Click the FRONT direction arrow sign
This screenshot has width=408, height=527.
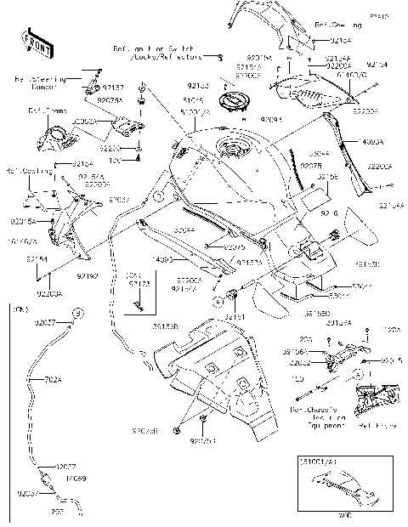[33, 41]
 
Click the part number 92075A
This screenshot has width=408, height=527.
[110, 100]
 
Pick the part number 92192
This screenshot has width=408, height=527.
[88, 277]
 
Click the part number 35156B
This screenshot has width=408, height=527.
[167, 324]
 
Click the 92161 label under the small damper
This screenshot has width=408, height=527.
[234, 317]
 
